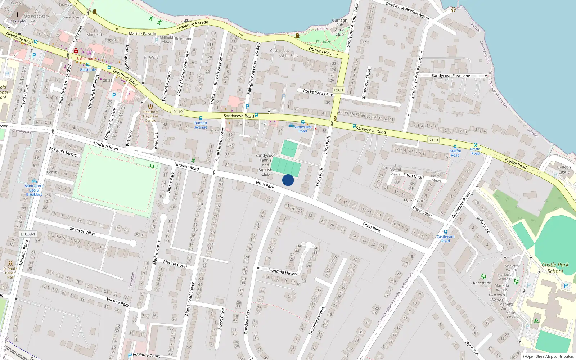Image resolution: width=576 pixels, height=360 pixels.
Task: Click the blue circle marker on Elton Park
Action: (288, 180)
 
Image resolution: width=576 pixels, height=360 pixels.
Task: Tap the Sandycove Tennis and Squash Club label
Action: (265, 165)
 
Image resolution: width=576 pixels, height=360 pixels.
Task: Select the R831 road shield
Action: (339, 90)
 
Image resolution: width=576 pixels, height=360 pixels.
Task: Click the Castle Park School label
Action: (555, 268)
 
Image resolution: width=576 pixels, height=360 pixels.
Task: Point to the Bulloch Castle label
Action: (564, 170)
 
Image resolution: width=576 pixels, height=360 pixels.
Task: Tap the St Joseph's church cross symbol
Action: (18, 15)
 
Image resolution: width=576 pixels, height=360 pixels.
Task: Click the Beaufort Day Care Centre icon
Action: (150, 106)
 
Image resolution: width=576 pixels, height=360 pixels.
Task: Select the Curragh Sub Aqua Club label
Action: (339, 27)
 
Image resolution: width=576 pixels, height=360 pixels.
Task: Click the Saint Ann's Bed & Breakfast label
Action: (34, 190)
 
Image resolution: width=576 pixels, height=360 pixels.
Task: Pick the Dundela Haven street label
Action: (283, 272)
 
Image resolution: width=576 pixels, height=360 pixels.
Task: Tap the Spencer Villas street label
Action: (82, 231)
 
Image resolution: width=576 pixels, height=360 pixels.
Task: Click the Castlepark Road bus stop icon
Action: (446, 232)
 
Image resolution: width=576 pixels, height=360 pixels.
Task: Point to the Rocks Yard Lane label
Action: (318, 93)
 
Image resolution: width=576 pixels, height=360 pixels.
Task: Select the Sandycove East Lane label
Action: (451, 76)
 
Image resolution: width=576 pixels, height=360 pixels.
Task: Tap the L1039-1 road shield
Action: (28, 234)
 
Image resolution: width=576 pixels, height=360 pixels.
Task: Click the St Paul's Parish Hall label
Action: (10, 273)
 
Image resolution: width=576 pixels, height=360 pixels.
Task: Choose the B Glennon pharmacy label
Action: (85, 59)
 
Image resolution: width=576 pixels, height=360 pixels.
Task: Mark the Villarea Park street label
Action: (118, 302)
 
